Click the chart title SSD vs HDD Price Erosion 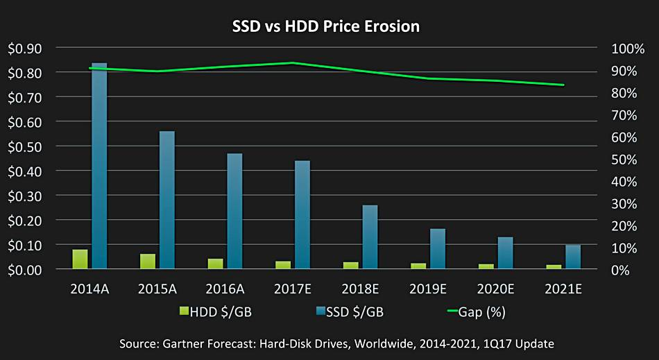pyautogui.click(x=325, y=26)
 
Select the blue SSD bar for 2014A pyautogui.click(x=99, y=166)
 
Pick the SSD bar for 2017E pyautogui.click(x=302, y=215)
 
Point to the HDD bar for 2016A pyautogui.click(x=215, y=264)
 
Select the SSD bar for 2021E pyautogui.click(x=572, y=257)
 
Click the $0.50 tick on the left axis pyautogui.click(x=24, y=146)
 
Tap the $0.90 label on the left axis pyautogui.click(x=24, y=49)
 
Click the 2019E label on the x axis pyautogui.click(x=428, y=289)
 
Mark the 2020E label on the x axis pyautogui.click(x=496, y=289)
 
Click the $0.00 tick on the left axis pyautogui.click(x=24, y=270)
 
